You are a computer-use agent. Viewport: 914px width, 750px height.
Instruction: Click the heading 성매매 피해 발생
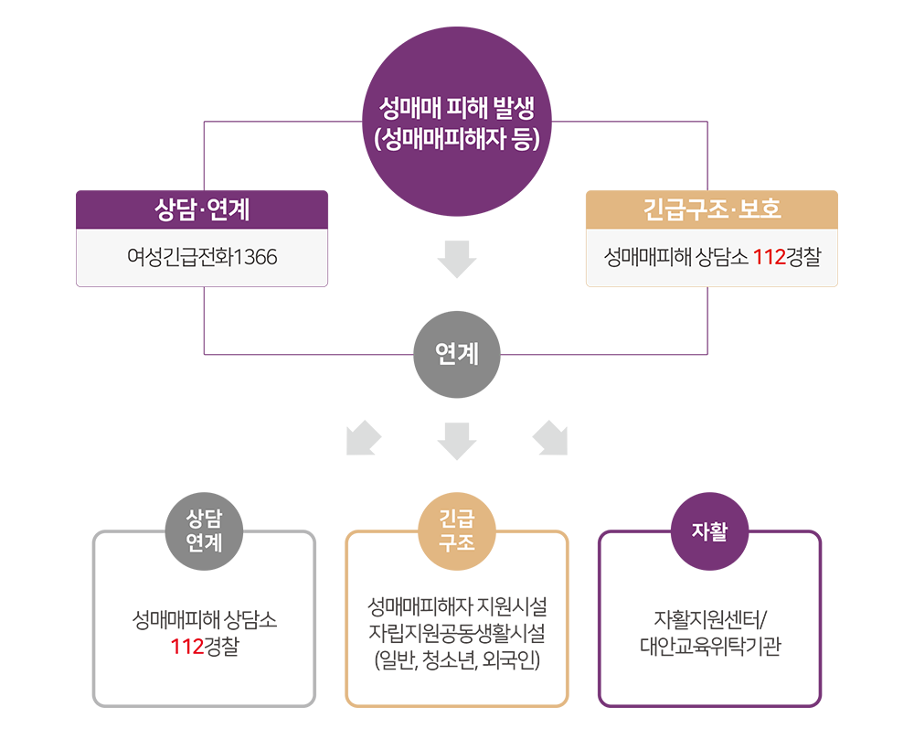pyautogui.click(x=457, y=108)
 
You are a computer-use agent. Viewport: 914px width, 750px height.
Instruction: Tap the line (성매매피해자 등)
pyautogui.click(x=457, y=140)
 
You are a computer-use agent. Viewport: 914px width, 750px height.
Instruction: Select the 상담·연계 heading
pyautogui.click(x=202, y=210)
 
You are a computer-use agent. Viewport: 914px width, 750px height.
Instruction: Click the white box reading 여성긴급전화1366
pyautogui.click(x=202, y=258)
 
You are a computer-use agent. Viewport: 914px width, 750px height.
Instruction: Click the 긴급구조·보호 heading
pyautogui.click(x=712, y=210)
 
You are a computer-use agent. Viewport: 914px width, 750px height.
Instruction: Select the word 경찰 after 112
pyautogui.click(x=803, y=258)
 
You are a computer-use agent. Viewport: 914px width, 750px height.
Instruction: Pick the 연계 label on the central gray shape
pyautogui.click(x=457, y=353)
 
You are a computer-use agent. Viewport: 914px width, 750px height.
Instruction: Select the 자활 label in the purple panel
pyautogui.click(x=710, y=532)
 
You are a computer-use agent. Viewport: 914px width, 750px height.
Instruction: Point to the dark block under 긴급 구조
pyautogui.click(x=457, y=629)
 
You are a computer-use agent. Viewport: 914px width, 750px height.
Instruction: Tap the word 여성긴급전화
pyautogui.click(x=180, y=258)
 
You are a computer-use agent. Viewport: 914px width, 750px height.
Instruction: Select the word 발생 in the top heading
pyautogui.click(x=511, y=108)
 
